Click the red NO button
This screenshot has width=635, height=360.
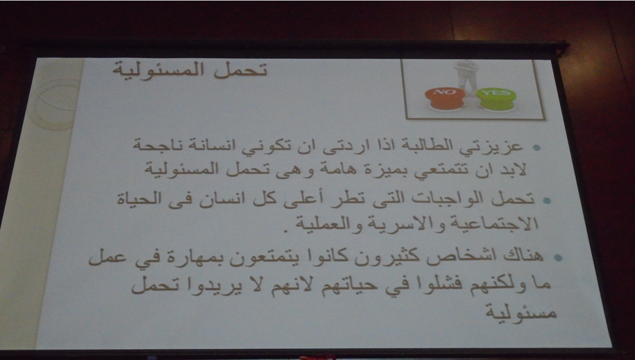(445, 98)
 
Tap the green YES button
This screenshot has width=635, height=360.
(496, 99)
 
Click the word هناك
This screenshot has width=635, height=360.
(523, 255)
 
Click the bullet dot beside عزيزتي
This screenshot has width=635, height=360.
(536, 148)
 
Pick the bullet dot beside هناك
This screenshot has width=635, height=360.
(558, 257)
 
